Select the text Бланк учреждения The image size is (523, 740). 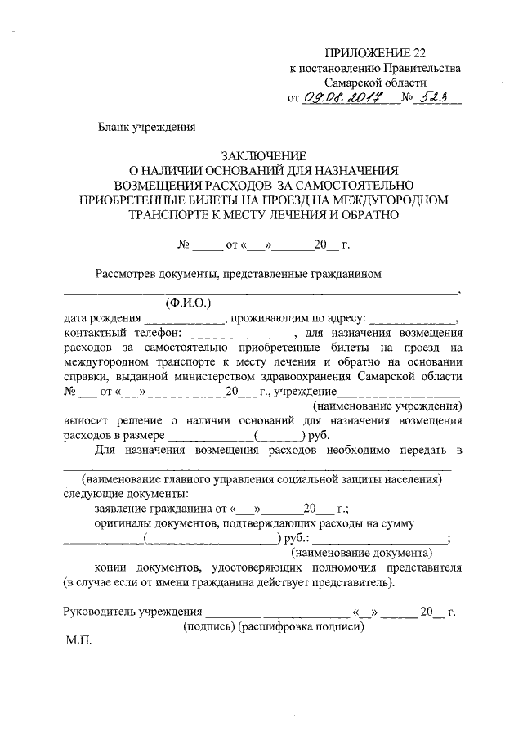coord(146,127)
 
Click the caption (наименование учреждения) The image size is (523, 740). coord(388,406)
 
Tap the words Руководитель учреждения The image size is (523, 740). coord(132,612)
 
